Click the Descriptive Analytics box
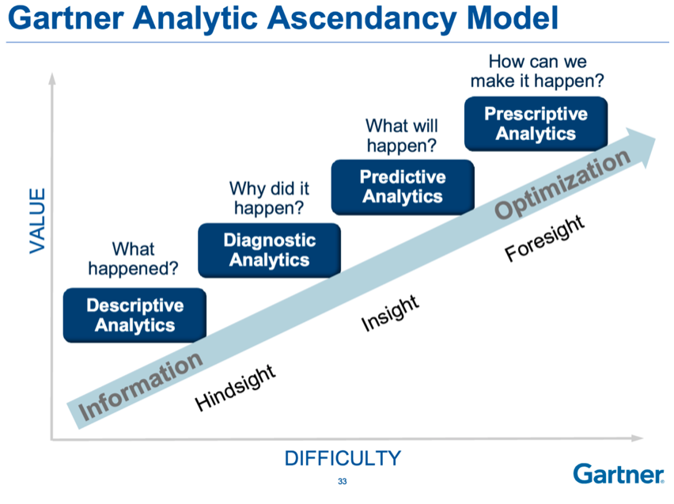(134, 315)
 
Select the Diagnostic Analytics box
(269, 250)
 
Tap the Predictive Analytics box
(402, 187)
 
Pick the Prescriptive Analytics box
(536, 123)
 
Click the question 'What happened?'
(132, 260)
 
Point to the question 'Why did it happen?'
(269, 198)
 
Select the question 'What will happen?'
(401, 135)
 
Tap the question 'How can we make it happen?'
(537, 71)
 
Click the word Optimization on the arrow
(562, 184)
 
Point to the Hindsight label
(236, 388)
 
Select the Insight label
(389, 313)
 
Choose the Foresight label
(545, 237)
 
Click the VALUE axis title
(37, 221)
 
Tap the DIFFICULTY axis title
(343, 458)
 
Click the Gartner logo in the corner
(619, 474)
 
